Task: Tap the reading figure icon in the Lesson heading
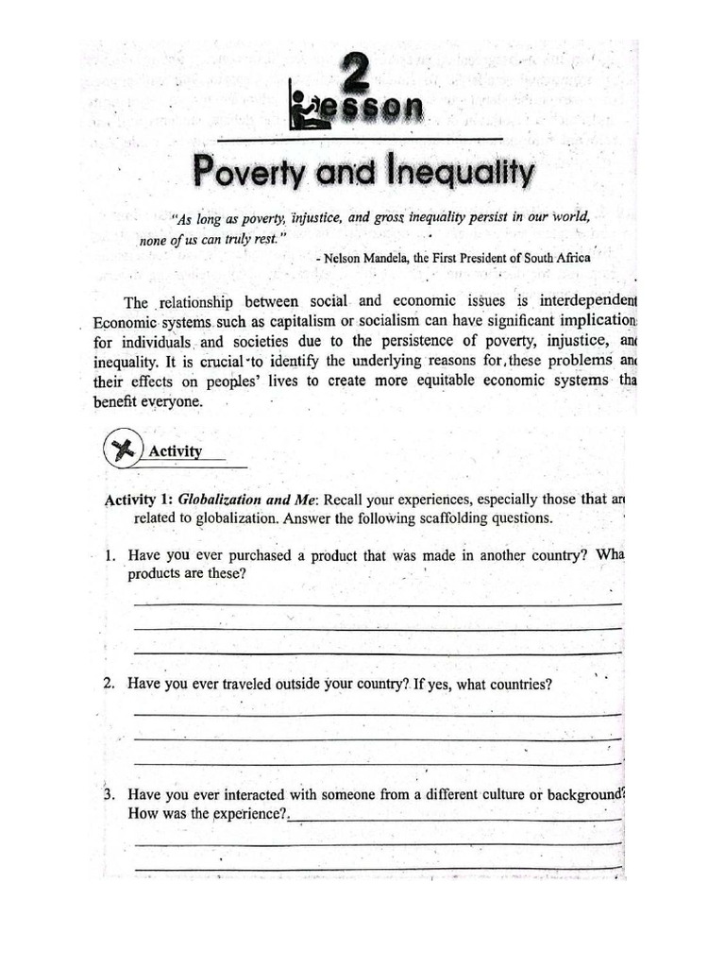coord(309,110)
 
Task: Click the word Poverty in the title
coord(250,174)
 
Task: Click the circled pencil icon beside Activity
coord(122,450)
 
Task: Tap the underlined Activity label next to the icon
coord(176,451)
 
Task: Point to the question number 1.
coord(110,556)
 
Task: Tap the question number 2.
coord(110,685)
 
